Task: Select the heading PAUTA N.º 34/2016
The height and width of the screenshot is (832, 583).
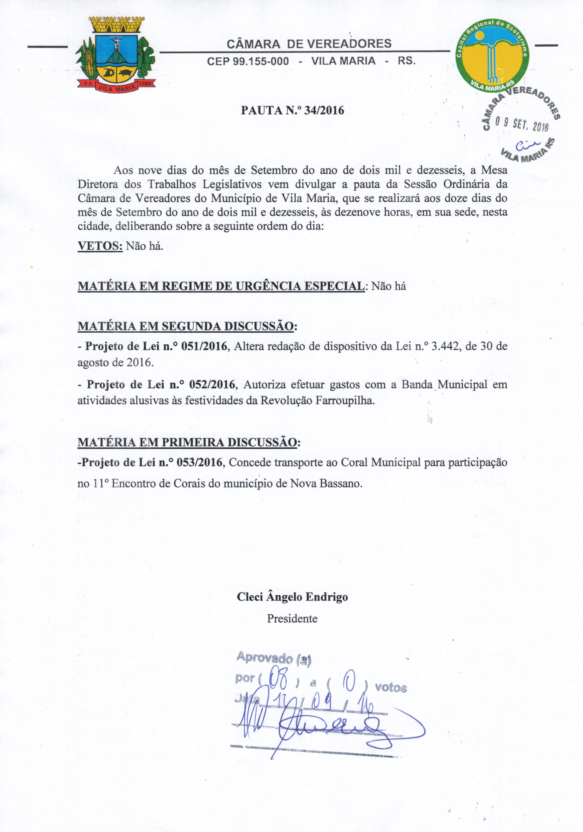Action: click(292, 110)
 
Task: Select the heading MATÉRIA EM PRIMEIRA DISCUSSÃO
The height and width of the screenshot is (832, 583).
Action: click(189, 443)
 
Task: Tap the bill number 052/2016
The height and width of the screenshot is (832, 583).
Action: click(212, 384)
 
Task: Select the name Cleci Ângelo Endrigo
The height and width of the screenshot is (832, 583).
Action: click(292, 597)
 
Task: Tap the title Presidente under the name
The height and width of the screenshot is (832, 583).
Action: click(292, 618)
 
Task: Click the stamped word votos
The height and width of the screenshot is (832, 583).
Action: click(391, 687)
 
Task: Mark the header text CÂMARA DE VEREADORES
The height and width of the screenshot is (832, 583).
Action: click(309, 44)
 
